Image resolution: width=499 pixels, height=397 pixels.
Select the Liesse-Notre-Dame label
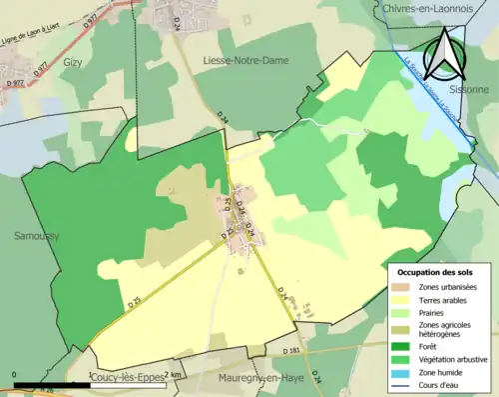[x=245, y=61]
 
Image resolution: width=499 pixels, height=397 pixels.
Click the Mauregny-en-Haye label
[x=257, y=379]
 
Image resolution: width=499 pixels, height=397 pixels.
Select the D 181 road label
[x=291, y=351]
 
